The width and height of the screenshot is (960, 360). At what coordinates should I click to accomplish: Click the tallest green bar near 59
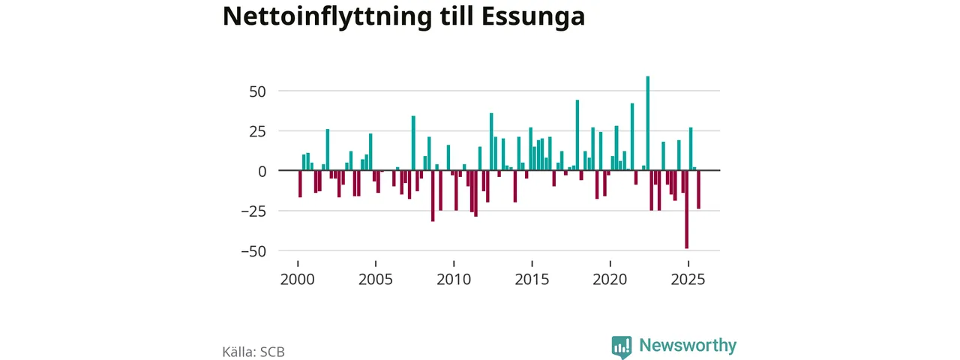648,124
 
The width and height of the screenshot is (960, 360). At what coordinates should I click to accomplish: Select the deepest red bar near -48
686,209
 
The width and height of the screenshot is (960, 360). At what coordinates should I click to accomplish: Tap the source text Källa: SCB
253,351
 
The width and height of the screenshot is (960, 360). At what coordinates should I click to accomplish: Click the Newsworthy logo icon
621,346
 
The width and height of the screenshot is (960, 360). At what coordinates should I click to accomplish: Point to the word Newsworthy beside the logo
688,346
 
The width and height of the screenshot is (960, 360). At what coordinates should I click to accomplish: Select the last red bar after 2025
698,190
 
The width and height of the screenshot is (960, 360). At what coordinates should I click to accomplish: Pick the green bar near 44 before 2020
577,136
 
